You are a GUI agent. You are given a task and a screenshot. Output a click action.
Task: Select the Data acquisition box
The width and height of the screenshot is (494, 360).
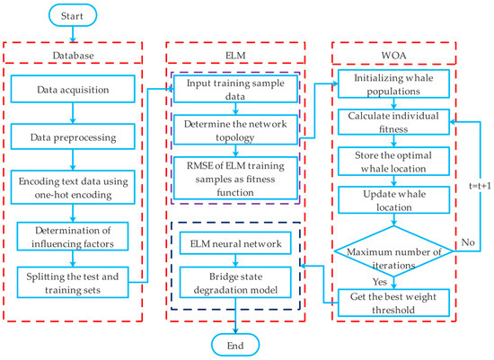75,90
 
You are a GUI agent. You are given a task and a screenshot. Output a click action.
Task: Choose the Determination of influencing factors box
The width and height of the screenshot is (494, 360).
75,237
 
